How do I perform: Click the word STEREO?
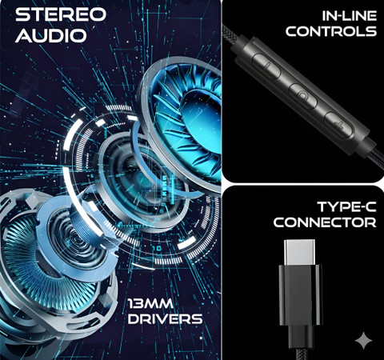pos(61,14)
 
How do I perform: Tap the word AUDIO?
pos(51,35)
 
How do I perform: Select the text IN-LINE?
pos(349,16)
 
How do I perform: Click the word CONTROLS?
pos(331,31)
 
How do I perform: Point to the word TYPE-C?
pos(346,206)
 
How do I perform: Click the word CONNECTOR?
pos(325,222)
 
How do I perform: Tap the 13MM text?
pos(150,303)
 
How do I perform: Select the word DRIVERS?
pos(165,319)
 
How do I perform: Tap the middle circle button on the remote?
pos(303,96)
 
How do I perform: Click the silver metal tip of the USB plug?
pos(299,253)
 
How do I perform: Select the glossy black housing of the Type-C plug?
pos(300,295)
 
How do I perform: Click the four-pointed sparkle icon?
pos(363,341)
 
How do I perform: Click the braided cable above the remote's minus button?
pos(233,35)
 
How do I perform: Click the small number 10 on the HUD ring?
pos(157,249)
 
